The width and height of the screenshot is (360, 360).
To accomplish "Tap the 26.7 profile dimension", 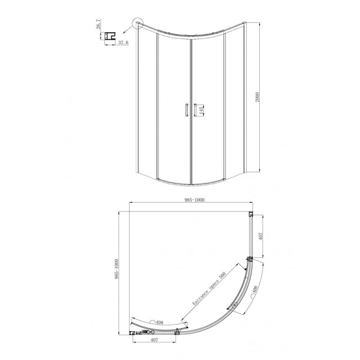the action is coord(99,24).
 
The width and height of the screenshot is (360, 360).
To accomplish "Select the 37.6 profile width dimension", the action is coord(124,42).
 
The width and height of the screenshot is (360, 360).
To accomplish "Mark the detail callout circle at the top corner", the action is coord(138,23).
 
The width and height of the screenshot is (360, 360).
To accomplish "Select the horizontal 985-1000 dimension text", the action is coord(194,200).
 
